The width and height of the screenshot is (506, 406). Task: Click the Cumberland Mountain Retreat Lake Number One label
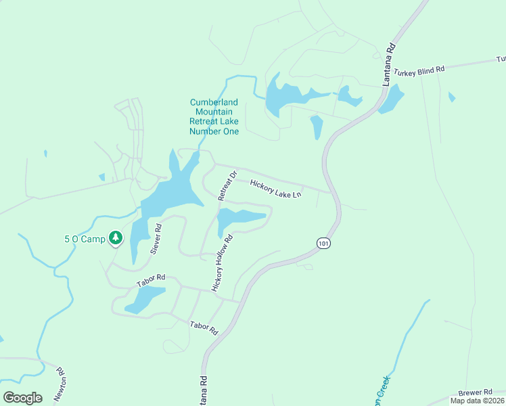[214, 117]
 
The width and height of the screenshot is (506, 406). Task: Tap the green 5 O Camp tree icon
[116, 238]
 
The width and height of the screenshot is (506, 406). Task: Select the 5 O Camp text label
[85, 239]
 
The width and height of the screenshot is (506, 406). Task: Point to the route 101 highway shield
[323, 242]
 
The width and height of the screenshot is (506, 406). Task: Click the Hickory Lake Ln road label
[275, 189]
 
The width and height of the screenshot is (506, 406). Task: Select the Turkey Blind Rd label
[419, 70]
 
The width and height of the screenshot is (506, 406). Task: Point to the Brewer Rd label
[475, 392]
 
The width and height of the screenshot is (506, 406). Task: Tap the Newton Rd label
[60, 383]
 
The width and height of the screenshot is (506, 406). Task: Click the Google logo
[22, 398]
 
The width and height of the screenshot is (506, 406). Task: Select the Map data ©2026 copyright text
[476, 401]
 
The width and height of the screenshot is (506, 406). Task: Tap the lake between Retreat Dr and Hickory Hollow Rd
[238, 219]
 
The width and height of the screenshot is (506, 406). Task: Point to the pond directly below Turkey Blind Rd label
[391, 99]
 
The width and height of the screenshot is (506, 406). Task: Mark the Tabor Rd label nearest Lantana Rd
[204, 328]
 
